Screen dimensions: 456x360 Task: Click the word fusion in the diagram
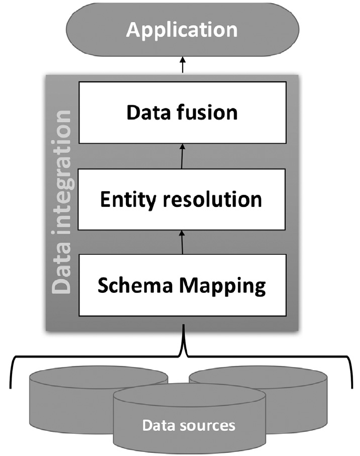[x=208, y=112]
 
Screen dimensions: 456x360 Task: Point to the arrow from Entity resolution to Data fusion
[x=182, y=156]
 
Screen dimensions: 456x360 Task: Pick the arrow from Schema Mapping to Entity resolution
[x=182, y=243]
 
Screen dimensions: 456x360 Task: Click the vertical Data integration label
[x=62, y=203]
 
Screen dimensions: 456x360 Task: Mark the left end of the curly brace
[x=12, y=387]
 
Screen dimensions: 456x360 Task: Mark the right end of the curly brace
[x=351, y=387]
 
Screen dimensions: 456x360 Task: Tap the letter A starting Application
[x=135, y=30]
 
